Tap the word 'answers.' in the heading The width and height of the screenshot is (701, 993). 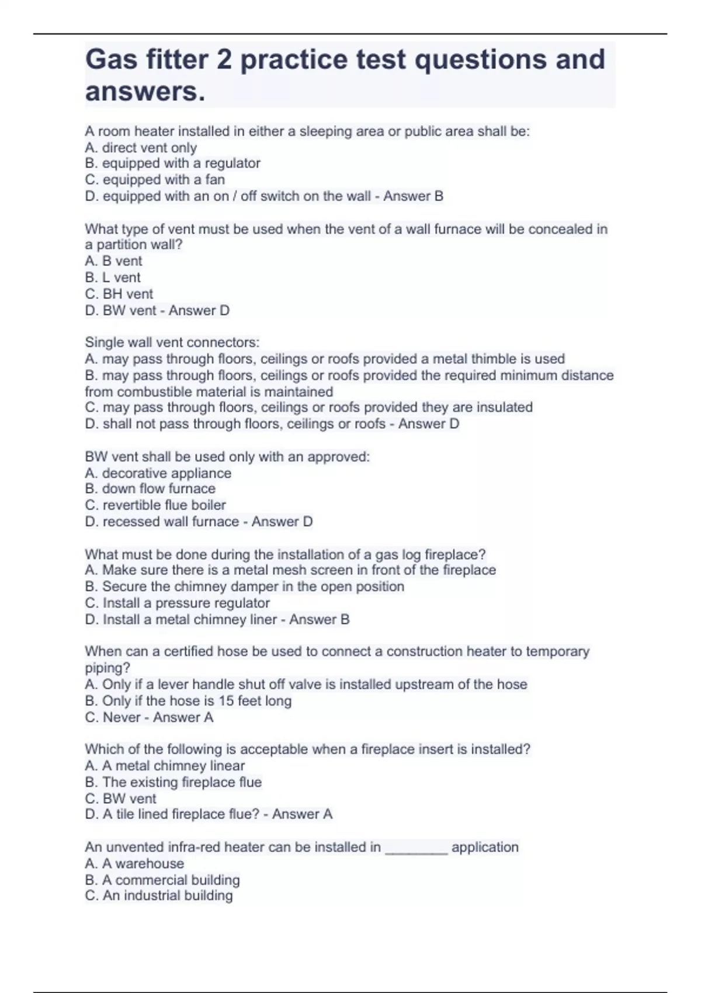[145, 92]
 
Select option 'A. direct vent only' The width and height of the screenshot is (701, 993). [141, 148]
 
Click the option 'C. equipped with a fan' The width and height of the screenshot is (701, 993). [155, 180]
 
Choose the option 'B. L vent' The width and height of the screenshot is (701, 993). [113, 277]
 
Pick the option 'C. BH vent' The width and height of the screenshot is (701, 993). [119, 294]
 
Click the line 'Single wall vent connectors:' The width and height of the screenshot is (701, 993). [172, 342]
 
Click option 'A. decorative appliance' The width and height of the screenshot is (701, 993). [158, 473]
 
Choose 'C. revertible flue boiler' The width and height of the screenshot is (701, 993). [155, 505]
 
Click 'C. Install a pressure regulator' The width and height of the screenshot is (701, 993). [178, 603]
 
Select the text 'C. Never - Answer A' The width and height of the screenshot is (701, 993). [149, 717]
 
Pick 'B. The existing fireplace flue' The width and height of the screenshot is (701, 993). [173, 782]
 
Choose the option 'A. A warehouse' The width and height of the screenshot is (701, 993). [134, 863]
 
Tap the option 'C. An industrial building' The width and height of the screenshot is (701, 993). [159, 895]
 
